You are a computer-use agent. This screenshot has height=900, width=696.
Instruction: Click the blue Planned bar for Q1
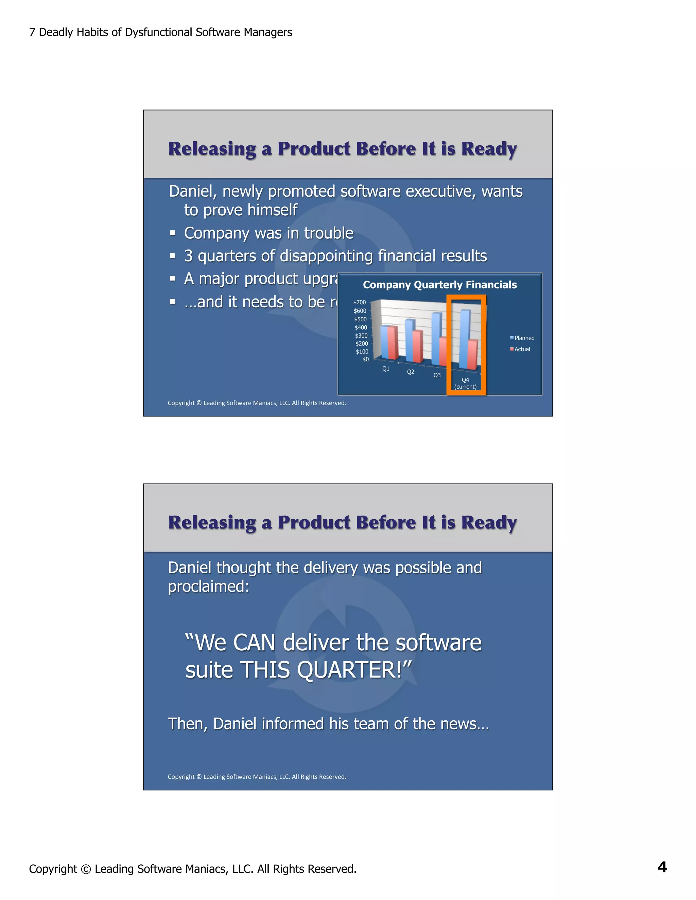384,342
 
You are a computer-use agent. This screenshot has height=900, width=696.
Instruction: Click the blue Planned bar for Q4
465,339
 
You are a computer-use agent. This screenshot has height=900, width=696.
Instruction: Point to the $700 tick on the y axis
360,303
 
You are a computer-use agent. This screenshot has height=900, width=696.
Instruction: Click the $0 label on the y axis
365,359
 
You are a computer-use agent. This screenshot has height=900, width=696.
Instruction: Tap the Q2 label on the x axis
411,372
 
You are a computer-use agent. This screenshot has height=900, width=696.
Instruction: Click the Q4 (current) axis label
466,383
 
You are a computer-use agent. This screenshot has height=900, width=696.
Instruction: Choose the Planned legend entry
524,338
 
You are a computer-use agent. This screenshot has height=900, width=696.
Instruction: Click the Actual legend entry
522,349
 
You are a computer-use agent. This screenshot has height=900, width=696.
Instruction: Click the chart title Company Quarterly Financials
439,285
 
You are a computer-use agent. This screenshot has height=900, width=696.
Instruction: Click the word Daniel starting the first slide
193,192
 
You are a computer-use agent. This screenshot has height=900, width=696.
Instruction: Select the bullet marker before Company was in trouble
173,234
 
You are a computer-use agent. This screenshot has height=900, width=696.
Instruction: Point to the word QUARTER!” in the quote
354,669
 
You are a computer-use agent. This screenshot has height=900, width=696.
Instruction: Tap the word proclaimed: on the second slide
209,587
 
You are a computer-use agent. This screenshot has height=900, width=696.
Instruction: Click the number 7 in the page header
32,32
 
